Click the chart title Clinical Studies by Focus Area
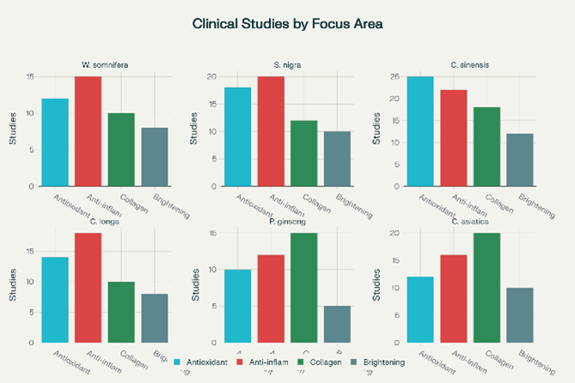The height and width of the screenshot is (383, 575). [x=288, y=24]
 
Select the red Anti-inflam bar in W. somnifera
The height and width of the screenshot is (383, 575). [x=88, y=131]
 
